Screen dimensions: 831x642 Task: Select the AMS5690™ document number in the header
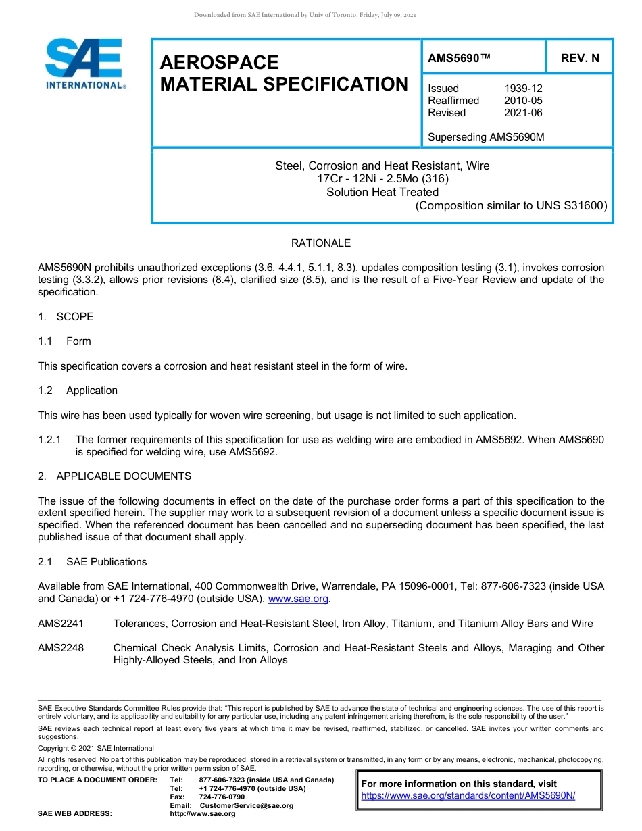coord(459,58)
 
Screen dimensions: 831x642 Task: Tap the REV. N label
coord(579,58)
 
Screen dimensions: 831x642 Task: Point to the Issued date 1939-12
coord(522,89)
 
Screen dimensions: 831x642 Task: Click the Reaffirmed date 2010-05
coord(522,101)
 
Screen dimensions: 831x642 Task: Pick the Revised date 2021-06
coord(522,113)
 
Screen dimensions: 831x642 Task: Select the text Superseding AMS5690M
coord(486,137)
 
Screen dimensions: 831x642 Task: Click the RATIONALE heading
coord(320,243)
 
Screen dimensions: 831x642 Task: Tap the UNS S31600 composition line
coord(511,205)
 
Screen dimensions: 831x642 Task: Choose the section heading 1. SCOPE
coord(66,317)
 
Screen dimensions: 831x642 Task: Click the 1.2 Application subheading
coord(78,391)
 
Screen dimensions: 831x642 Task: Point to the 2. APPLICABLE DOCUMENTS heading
coord(114,476)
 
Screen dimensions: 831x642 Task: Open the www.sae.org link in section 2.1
coord(298,599)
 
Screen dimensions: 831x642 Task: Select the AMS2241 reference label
coord(61,624)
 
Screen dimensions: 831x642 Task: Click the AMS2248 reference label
coord(61,648)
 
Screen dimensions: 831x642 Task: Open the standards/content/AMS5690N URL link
coord(468,795)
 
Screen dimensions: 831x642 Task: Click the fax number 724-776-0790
coord(222,797)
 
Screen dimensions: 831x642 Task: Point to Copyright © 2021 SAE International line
coord(96,748)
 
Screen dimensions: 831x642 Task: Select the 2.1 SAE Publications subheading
coord(92,562)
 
